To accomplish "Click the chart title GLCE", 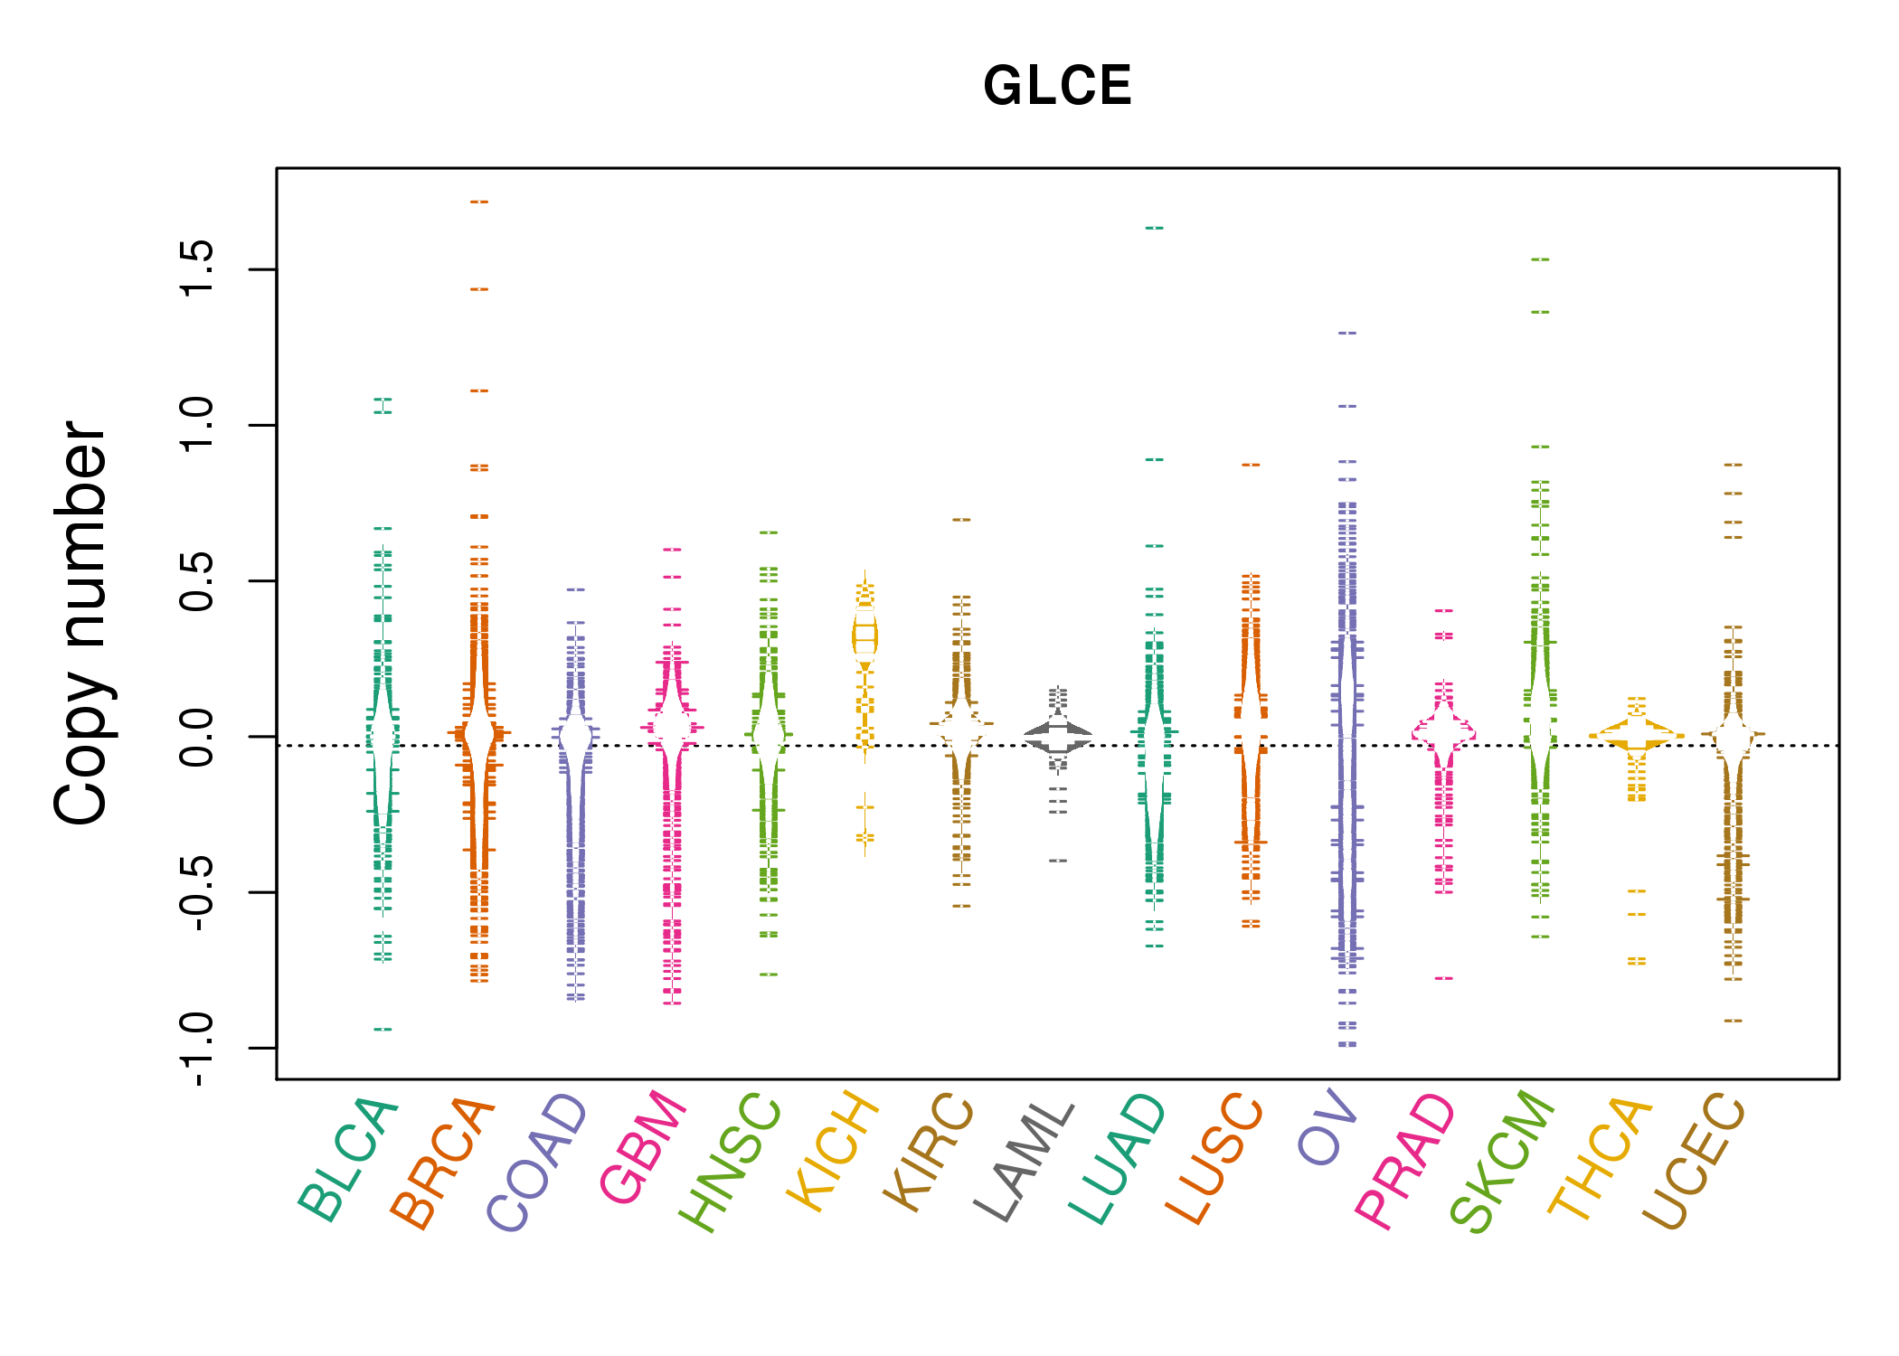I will coord(1057,86).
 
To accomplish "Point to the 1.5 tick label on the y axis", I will coord(197,269).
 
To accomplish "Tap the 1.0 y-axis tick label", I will coord(197,425).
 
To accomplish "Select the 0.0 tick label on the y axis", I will coord(197,737).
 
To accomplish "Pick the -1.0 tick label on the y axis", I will coord(197,1049).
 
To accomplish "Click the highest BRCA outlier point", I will coord(479,202).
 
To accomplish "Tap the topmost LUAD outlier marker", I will coord(1155,228).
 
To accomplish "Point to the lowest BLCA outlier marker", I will coord(383,1029).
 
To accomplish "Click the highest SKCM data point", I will coord(1540,259).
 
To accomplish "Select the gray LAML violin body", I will coord(1058,737).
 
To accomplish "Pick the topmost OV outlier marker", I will coord(1347,333).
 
